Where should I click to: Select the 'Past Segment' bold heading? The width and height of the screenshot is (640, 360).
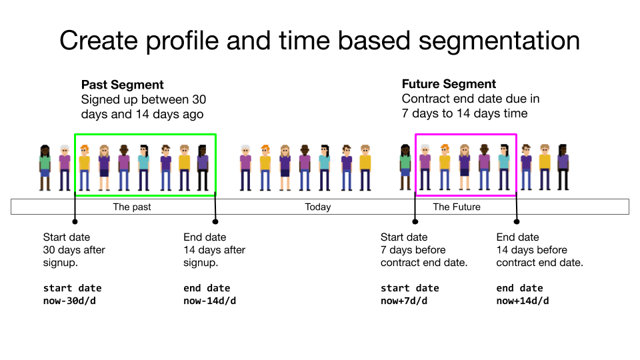click(x=122, y=85)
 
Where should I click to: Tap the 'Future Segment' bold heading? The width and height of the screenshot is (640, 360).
click(x=449, y=84)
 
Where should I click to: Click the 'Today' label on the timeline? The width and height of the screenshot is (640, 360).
click(x=318, y=207)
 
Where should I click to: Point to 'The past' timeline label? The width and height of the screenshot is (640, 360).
click(x=131, y=207)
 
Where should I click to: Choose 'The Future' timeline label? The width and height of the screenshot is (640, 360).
click(x=457, y=207)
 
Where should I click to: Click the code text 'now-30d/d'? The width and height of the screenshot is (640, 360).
click(x=70, y=301)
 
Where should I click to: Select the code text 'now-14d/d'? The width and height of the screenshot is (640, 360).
click(x=210, y=301)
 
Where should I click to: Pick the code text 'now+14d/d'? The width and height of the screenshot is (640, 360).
click(x=523, y=301)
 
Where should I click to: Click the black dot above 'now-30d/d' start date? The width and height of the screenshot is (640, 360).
click(x=75, y=221)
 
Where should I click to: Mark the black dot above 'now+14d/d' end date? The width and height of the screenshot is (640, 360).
click(x=517, y=221)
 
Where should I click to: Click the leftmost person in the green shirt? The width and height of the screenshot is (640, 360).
click(x=45, y=167)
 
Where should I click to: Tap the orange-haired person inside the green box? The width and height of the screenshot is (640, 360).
click(x=84, y=167)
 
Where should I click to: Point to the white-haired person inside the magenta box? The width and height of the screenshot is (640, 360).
click(x=425, y=167)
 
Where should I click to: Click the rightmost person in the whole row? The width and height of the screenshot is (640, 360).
click(x=563, y=167)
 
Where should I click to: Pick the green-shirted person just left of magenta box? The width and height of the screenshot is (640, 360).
click(x=405, y=167)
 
